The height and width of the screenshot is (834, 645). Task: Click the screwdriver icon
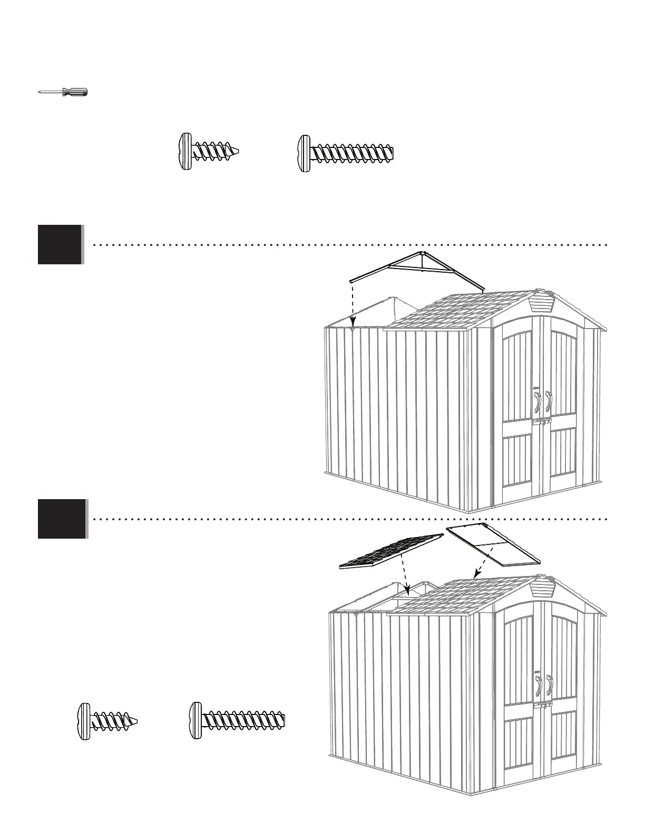click(x=64, y=92)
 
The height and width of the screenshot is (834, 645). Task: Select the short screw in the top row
click(x=208, y=153)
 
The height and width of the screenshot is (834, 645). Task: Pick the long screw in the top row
click(x=345, y=154)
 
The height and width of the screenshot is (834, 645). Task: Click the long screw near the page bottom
click(x=237, y=718)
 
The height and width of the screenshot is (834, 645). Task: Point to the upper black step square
click(x=60, y=244)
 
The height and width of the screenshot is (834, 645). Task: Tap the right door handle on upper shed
click(x=548, y=402)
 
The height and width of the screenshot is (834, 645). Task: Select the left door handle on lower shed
click(x=539, y=688)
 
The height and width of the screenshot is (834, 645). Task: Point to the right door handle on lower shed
click(x=551, y=688)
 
